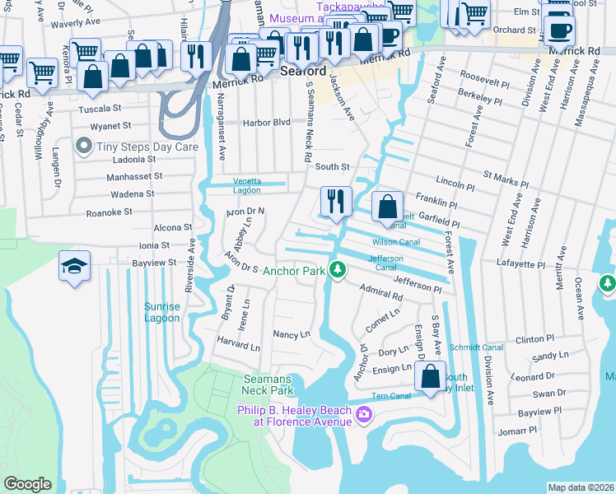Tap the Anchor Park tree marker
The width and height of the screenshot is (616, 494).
pyautogui.click(x=337, y=270)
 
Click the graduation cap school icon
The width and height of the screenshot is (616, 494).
pyautogui.click(x=74, y=267)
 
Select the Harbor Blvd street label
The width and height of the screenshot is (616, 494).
pyautogui.click(x=266, y=123)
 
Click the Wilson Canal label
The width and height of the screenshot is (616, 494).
pyautogui.click(x=396, y=242)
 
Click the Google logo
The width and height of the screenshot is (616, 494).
pyautogui.click(x=27, y=484)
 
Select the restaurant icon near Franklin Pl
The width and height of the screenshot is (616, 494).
pyautogui.click(x=336, y=202)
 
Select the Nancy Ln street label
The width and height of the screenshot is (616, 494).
pyautogui.click(x=292, y=334)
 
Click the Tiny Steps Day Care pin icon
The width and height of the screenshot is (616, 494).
pyautogui.click(x=83, y=146)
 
